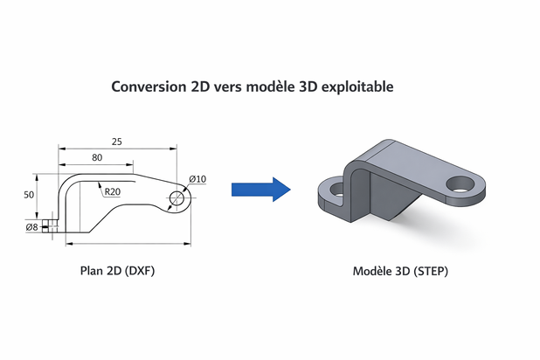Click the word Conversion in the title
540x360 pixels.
(149, 87)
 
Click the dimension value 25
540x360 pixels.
(117, 141)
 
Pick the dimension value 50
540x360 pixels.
(30, 196)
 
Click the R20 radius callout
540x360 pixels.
(112, 192)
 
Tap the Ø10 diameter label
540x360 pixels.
(197, 179)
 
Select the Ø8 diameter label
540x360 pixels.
(31, 228)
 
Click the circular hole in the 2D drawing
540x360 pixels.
(178, 198)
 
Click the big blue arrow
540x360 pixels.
(260, 189)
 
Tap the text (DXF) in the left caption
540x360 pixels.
(140, 271)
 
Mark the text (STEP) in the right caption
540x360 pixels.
(429, 271)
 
